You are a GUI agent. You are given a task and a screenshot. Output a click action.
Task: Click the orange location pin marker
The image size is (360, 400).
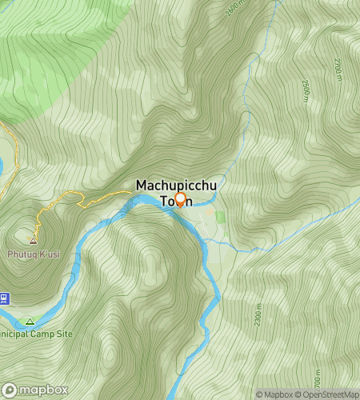click(x=180, y=199)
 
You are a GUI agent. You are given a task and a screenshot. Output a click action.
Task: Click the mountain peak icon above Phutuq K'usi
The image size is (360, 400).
click(x=34, y=240)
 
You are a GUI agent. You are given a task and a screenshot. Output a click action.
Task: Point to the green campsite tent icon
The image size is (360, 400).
click(x=30, y=322)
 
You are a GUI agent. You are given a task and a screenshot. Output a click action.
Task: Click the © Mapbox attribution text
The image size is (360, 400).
click(x=274, y=394)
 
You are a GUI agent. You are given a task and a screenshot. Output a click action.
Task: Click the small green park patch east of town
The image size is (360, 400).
click(x=220, y=217)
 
